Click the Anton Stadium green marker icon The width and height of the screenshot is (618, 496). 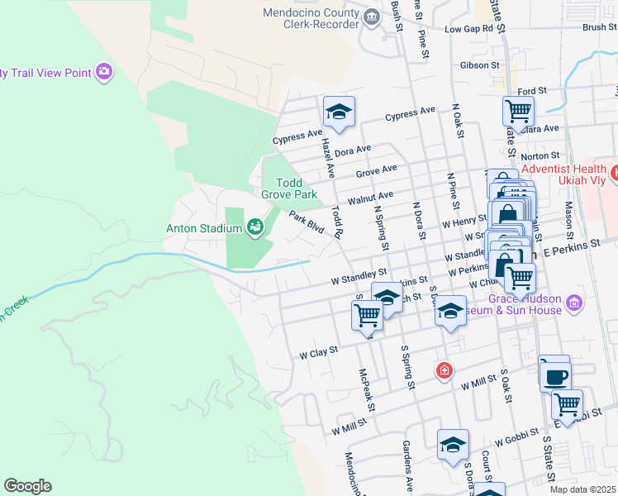point(254,226)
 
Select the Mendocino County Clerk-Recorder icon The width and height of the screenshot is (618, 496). point(372,14)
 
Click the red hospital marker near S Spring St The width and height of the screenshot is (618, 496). point(444,370)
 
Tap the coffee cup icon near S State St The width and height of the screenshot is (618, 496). point(554,375)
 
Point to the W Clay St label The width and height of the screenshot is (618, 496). point(319,352)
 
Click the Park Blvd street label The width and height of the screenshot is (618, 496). point(306,222)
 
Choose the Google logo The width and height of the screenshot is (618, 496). point(27,485)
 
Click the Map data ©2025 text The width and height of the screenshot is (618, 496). point(582,489)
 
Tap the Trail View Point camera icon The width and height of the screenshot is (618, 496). point(104,73)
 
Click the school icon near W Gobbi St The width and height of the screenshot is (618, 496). point(453,445)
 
